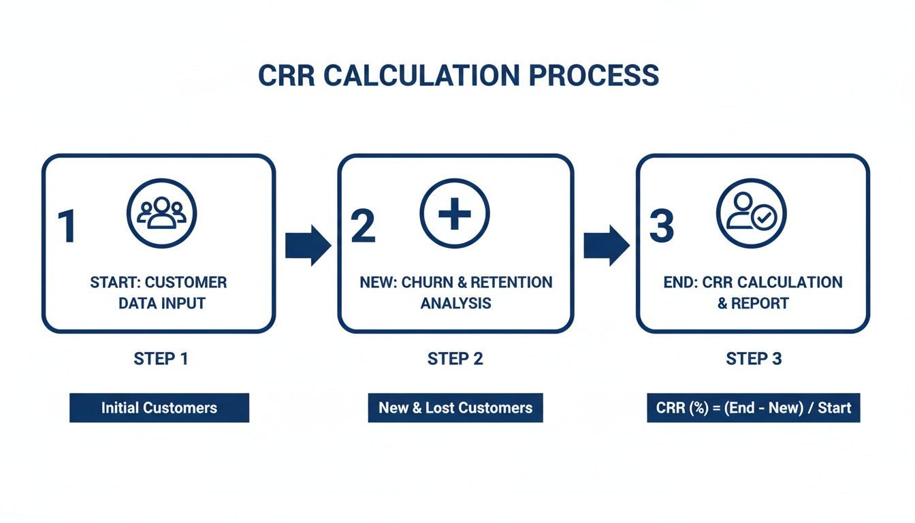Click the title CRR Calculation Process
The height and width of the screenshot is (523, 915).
pos(457,76)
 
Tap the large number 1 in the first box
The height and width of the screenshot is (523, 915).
pos(67,227)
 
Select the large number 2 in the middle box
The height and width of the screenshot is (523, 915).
pos(363,227)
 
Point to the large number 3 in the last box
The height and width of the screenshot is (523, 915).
pos(661,227)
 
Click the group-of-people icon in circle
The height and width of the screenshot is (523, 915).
pos(161,212)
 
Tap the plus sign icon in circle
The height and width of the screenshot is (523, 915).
pos(455,213)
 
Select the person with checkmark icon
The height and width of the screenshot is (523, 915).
pos(751,212)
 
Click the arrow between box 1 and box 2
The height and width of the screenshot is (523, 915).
pos(307,244)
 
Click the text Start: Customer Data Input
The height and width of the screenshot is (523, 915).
pos(159,292)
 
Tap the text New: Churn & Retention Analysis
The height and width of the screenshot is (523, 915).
pos(455,292)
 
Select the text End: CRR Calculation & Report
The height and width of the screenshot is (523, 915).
pos(752,292)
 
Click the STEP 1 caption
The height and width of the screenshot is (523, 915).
pos(161,359)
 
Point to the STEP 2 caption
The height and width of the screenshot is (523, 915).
pos(455,359)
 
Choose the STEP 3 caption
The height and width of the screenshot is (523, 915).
pos(754,359)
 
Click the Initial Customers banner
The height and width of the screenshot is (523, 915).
pos(159,408)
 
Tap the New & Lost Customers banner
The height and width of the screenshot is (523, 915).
pos(455,408)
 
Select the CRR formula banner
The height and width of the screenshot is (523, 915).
pos(754,408)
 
